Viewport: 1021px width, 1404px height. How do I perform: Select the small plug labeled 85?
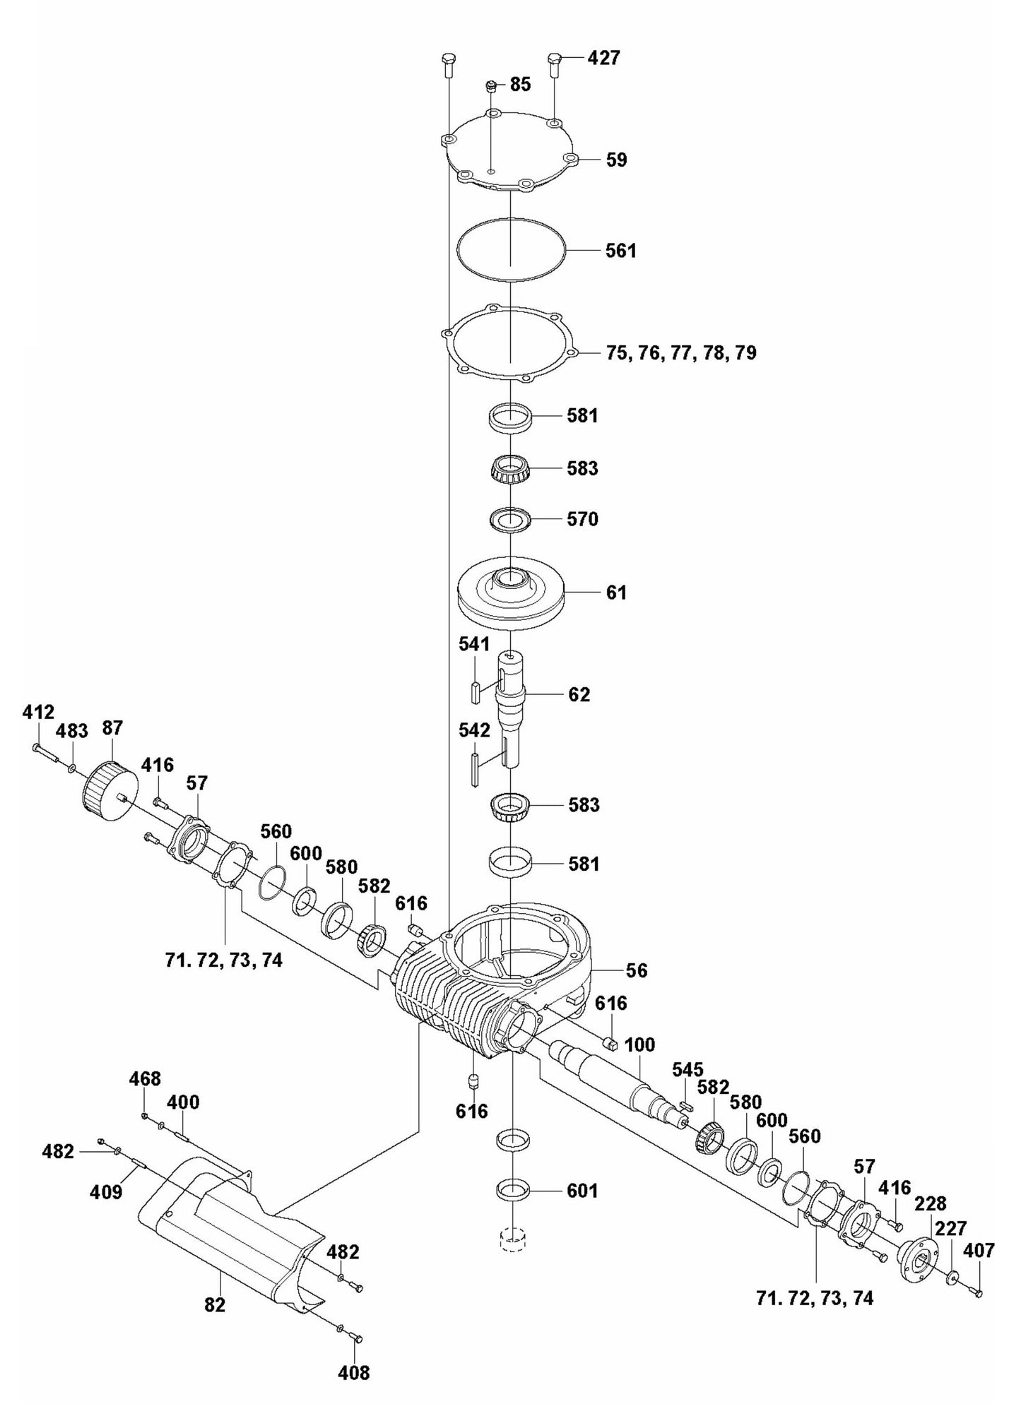(x=490, y=87)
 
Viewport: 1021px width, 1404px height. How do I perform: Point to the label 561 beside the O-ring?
(x=621, y=251)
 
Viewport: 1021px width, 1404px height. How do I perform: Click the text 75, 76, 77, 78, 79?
(x=681, y=352)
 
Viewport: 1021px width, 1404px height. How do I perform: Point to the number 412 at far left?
(x=38, y=712)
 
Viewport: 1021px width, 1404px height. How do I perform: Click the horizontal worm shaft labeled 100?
(x=615, y=1081)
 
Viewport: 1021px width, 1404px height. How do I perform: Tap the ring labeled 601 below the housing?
(x=514, y=1191)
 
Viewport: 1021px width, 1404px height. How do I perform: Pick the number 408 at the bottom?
(x=354, y=1372)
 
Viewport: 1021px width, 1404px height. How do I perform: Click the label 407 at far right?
(x=979, y=1251)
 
